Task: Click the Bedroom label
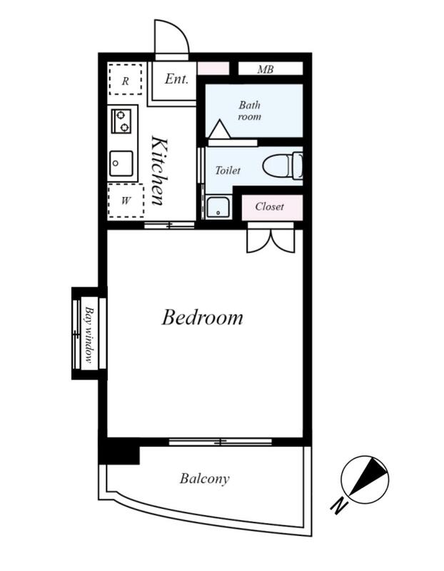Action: pos(202,317)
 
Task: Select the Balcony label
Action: pos(204,478)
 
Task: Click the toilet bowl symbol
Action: pos(283,167)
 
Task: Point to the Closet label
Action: pos(269,206)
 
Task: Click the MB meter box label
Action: pos(265,69)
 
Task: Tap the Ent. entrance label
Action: pos(176,79)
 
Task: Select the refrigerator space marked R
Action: pos(126,80)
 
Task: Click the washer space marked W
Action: pos(126,201)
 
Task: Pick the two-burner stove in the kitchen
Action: pos(121,121)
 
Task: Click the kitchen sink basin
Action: pos(121,163)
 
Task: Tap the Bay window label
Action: pos(89,334)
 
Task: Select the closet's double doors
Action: pos(271,241)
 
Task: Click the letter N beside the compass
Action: pos(339,505)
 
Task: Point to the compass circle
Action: pos(365,480)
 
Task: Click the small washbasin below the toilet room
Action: pos(218,207)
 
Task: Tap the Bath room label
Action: pos(250,111)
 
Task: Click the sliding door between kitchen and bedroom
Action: pos(169,226)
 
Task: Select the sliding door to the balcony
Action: pos(221,442)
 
